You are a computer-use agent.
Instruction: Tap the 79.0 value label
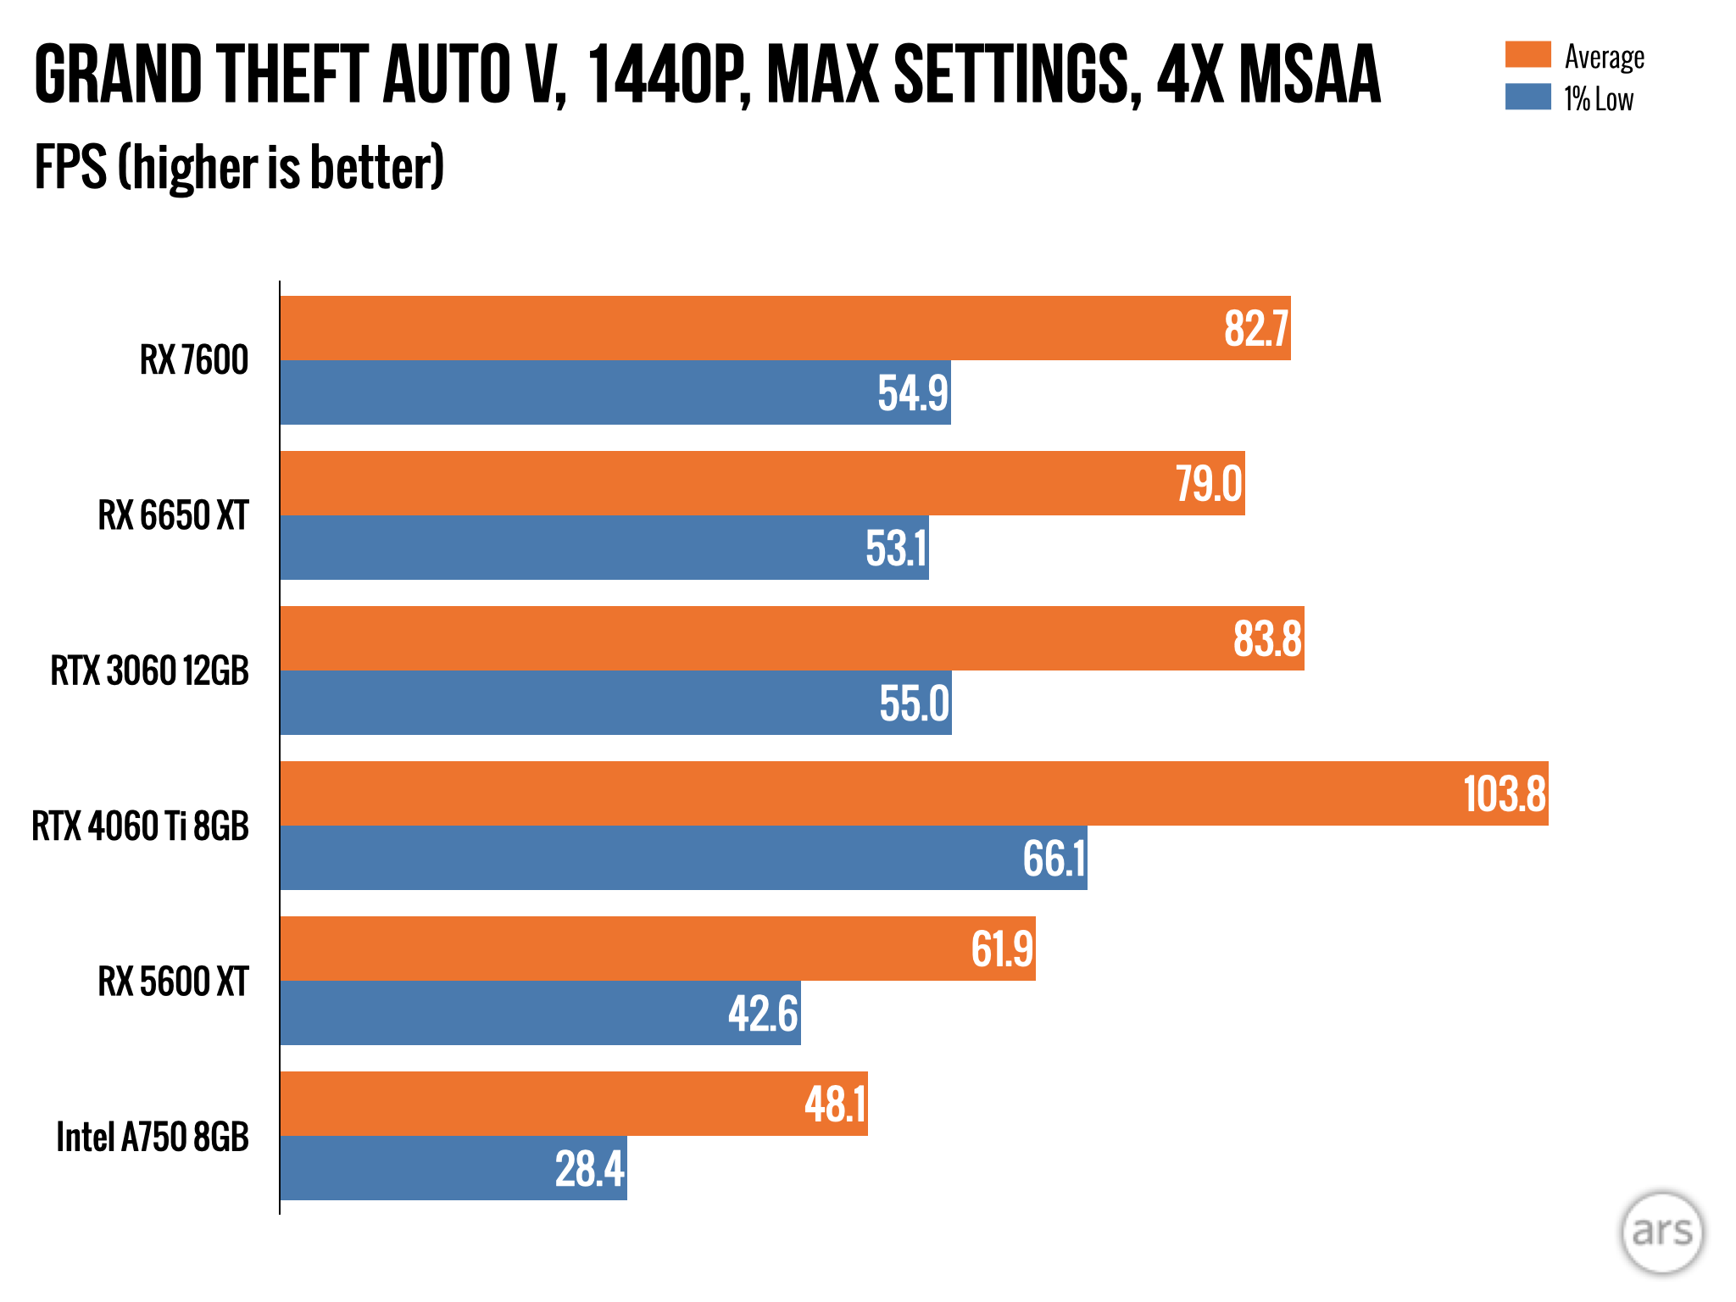(1209, 484)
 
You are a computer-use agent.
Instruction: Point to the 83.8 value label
(1267, 639)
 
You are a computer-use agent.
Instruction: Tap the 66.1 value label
(1054, 859)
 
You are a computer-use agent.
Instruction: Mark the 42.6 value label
(763, 1014)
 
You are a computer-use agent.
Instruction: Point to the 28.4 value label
(589, 1169)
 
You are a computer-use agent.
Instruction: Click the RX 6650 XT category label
(173, 515)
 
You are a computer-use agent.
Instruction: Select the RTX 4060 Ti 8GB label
(141, 826)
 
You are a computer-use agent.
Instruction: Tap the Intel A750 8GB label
(153, 1138)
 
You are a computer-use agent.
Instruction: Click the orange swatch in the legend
(1527, 54)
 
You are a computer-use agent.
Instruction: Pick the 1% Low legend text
(1599, 99)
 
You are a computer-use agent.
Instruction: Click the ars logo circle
(1661, 1232)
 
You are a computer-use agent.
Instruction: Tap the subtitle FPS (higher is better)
(239, 167)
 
